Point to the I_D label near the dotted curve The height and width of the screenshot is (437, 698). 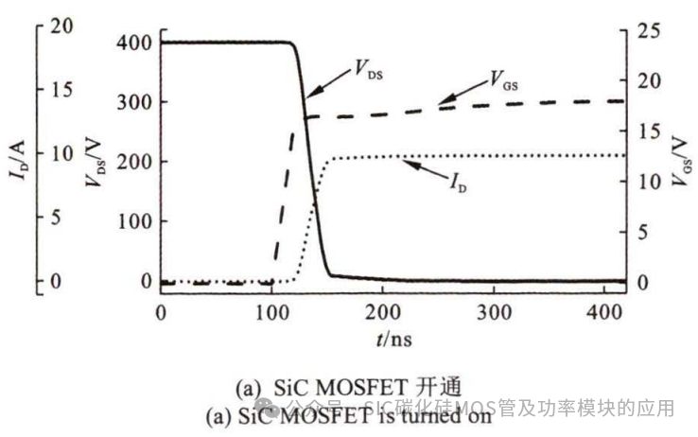[x=458, y=182]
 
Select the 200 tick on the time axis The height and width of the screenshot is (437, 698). [x=383, y=312]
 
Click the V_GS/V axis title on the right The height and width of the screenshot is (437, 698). [x=678, y=161]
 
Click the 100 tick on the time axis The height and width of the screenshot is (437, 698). [x=272, y=312]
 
